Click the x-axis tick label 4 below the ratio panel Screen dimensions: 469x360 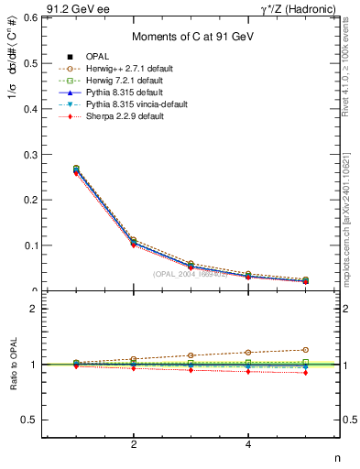(x=248, y=445)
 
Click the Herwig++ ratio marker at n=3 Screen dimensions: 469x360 (x=191, y=354)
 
